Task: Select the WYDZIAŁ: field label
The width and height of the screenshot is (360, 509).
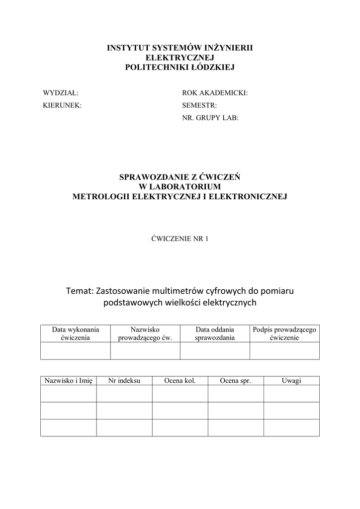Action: (x=61, y=92)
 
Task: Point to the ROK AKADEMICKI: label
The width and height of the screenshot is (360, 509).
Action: (x=215, y=92)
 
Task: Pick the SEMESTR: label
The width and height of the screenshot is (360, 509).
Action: (x=199, y=105)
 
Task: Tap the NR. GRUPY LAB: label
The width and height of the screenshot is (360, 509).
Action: (x=210, y=118)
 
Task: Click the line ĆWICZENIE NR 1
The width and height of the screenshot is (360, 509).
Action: (x=180, y=239)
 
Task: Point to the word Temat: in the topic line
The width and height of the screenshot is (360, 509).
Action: (x=79, y=290)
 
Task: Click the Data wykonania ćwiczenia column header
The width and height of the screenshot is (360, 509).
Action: (x=75, y=333)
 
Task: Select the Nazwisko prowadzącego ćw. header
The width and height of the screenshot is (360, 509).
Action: (x=145, y=333)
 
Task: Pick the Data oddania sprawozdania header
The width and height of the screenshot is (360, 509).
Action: (x=215, y=333)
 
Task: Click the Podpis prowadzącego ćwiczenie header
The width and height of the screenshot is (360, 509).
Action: (x=284, y=333)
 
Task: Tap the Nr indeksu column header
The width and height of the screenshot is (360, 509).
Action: (x=124, y=381)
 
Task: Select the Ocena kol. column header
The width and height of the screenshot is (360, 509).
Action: (x=180, y=381)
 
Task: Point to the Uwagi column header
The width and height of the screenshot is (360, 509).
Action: (x=291, y=381)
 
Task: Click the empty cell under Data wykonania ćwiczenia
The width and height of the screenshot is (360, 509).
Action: (x=75, y=350)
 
